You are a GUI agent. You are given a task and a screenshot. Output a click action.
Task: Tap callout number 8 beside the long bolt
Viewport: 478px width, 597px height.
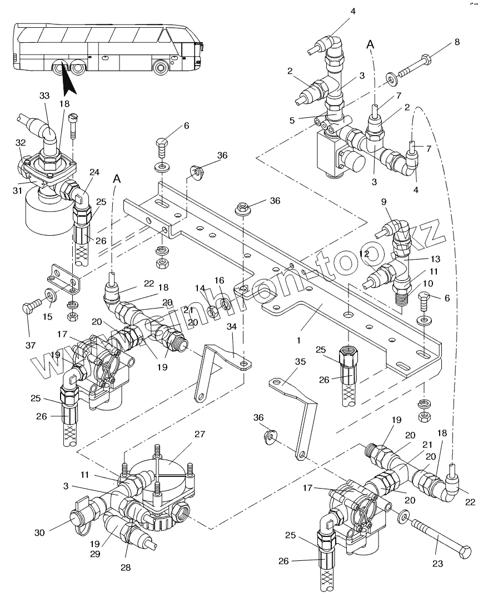click(x=457, y=42)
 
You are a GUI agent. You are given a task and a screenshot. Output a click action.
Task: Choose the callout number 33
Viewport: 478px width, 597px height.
click(x=44, y=96)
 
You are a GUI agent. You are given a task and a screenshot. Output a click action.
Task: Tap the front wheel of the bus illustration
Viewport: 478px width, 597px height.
click(x=161, y=68)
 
